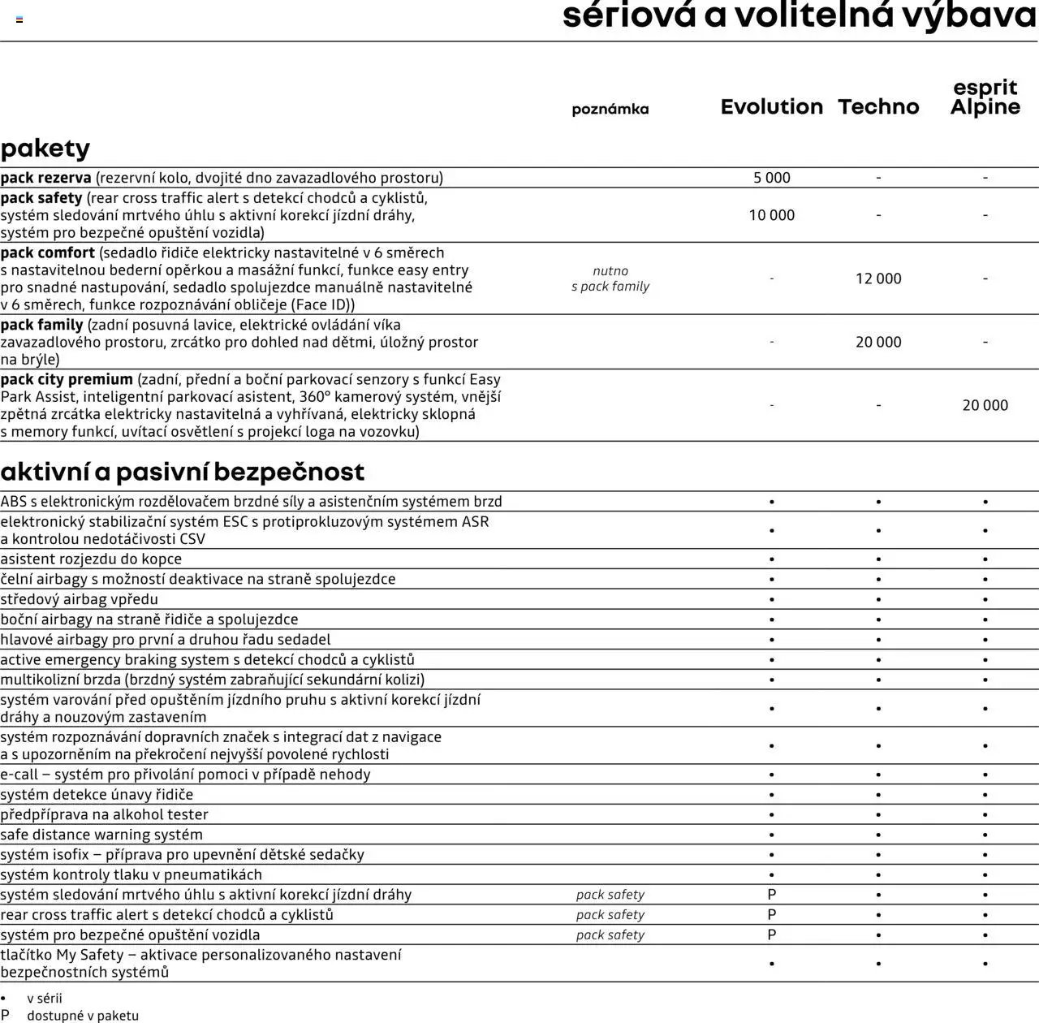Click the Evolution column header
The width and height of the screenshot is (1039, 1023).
click(771, 107)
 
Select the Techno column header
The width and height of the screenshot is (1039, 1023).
click(878, 107)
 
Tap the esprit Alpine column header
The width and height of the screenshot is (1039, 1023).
click(985, 97)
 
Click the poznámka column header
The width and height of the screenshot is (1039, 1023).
click(610, 109)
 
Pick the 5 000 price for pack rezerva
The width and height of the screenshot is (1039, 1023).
click(771, 178)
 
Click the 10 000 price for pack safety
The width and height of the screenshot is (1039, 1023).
click(771, 215)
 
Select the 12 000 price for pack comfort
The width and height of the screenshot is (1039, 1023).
click(878, 278)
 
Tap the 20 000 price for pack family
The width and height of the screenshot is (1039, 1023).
click(878, 342)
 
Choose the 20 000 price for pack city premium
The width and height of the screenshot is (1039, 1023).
click(985, 405)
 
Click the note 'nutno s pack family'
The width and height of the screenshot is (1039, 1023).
click(610, 278)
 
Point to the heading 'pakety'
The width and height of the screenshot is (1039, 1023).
click(45, 149)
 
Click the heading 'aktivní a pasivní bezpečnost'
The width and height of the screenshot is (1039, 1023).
click(183, 472)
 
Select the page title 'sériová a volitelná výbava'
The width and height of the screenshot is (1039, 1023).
click(800, 16)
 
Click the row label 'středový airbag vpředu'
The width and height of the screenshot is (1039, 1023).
click(80, 599)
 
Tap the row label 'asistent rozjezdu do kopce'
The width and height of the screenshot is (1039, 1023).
click(91, 559)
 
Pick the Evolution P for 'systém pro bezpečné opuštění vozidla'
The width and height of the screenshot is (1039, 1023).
click(771, 935)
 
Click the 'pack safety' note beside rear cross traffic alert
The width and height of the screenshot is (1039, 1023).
click(610, 915)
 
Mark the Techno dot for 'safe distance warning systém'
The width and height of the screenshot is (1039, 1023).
click(878, 835)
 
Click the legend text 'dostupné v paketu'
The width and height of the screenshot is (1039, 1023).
click(83, 1016)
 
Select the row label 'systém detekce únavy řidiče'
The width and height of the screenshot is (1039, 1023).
click(97, 794)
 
